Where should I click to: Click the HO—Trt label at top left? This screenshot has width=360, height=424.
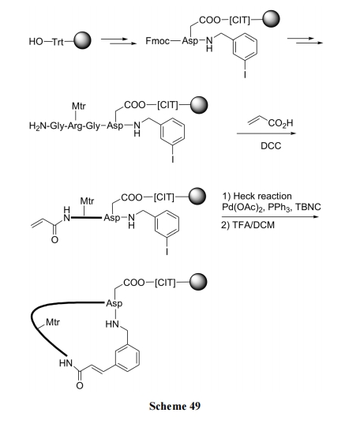pyautogui.click(x=47, y=42)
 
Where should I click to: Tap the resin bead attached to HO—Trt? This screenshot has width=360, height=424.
pyautogui.click(x=82, y=40)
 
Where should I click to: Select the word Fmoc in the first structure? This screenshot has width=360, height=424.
pyautogui.click(x=158, y=41)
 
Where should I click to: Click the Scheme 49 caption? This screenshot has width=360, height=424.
pyautogui.click(x=174, y=406)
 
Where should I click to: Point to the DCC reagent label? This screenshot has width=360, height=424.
pyautogui.click(x=271, y=146)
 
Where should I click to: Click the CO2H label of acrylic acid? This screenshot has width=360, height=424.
pyautogui.click(x=280, y=123)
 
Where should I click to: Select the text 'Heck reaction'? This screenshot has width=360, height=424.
pyautogui.click(x=262, y=196)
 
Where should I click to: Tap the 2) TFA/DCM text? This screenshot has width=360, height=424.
pyautogui.click(x=248, y=225)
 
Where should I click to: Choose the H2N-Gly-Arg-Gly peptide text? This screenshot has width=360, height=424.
pyautogui.click(x=65, y=126)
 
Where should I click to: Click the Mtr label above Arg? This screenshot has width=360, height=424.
pyautogui.click(x=79, y=106)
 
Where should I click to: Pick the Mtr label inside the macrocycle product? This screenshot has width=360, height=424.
pyautogui.click(x=53, y=322)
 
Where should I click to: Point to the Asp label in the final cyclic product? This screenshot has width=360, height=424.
pyautogui.click(x=114, y=303)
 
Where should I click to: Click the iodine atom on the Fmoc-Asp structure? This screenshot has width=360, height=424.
pyautogui.click(x=245, y=73)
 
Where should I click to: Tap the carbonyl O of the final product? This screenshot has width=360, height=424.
pyautogui.click(x=80, y=385)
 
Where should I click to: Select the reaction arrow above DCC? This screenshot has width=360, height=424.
pyautogui.click(x=266, y=133)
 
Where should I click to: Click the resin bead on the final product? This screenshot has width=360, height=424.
pyautogui.click(x=198, y=282)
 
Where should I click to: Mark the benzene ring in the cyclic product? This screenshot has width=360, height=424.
pyautogui.click(x=128, y=358)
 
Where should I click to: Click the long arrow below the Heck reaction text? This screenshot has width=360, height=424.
pyautogui.click(x=270, y=216)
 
